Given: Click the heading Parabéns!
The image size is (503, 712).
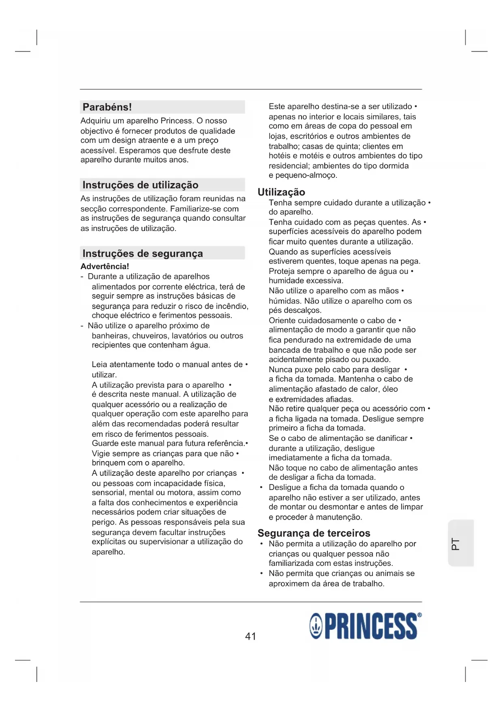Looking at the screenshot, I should pos(107,107).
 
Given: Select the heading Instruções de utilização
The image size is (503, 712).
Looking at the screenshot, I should pos(140,185).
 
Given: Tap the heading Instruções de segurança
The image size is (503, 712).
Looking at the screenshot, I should pos(143,254).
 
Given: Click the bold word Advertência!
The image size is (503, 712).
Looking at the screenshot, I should pos(105,267).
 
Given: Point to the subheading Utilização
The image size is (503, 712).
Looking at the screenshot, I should pos(281,192).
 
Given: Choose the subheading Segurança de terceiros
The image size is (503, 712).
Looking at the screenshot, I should pos(314,533).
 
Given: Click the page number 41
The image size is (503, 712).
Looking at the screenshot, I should pos(250,636).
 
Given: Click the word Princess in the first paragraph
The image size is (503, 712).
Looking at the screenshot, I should pos(176,121).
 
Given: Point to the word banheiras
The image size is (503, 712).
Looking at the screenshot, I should pos(108,336).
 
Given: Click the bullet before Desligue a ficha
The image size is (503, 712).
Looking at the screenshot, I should pos(261,488).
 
